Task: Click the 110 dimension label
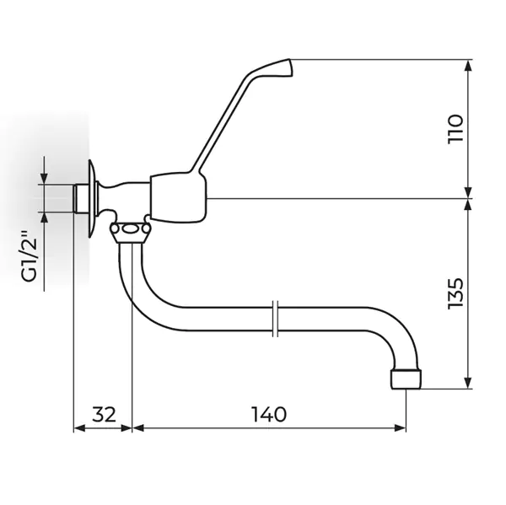455,129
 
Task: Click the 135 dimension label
455,293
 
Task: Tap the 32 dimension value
104,414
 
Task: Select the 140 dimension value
269,414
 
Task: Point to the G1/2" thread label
30,256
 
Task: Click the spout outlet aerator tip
406,379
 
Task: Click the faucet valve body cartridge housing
178,198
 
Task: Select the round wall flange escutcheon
93,199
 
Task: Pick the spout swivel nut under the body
131,232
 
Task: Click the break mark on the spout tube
275,319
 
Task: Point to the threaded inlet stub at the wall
81,198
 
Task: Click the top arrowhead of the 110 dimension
469,66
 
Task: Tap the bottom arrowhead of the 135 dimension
469,382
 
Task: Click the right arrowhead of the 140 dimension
399,428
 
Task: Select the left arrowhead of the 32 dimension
80,428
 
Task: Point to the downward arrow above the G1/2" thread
44,170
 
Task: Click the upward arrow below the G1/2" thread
44,252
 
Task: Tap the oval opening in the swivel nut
131,229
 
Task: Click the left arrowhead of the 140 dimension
139,428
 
